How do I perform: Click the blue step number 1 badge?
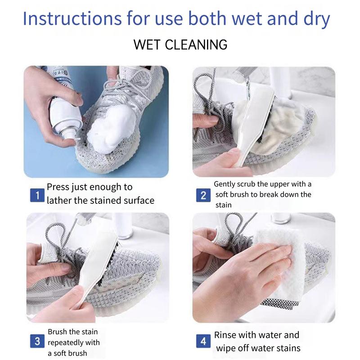pos(37,195)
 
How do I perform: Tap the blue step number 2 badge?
pos(203,195)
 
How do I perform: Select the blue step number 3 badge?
pos(37,341)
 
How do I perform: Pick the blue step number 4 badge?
pos(203,341)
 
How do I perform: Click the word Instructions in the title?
pos(72,18)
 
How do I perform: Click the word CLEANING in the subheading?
pos(196,45)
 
